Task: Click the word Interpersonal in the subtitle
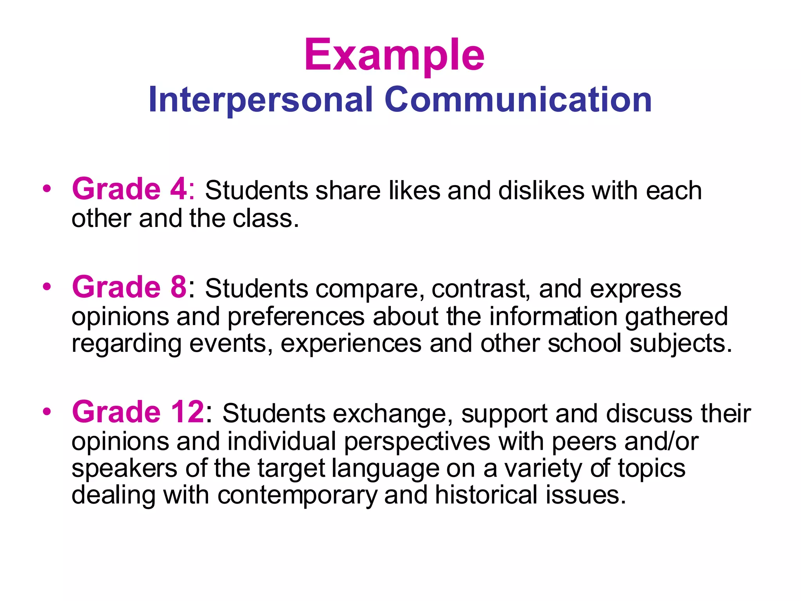click(260, 100)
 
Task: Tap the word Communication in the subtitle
click(518, 100)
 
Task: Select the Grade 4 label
click(130, 189)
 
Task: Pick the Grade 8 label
click(130, 287)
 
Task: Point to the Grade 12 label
click(138, 412)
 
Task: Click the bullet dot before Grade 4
click(47, 189)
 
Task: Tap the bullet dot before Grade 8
click(47, 287)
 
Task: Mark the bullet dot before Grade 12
click(47, 412)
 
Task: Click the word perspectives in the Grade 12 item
click(417, 441)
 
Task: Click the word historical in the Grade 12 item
click(487, 495)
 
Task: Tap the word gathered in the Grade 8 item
click(676, 316)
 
